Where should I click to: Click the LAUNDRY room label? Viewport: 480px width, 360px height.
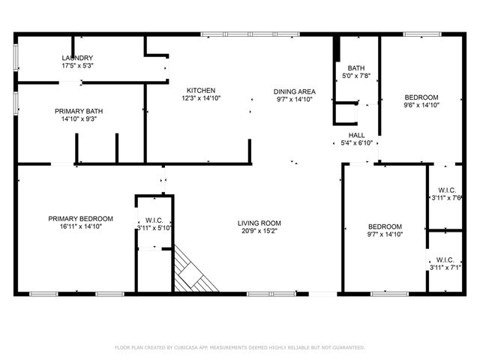pyautogui.click(x=77, y=58)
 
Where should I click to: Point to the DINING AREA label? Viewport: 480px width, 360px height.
pyautogui.click(x=295, y=91)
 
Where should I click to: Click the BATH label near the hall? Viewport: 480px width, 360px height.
pyautogui.click(x=356, y=67)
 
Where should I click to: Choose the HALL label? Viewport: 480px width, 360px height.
pyautogui.click(x=356, y=135)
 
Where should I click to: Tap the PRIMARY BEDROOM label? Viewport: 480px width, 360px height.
pyautogui.click(x=81, y=218)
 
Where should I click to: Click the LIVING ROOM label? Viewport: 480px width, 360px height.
pyautogui.click(x=259, y=223)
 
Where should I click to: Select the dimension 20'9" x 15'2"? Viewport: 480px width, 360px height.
pyautogui.click(x=259, y=231)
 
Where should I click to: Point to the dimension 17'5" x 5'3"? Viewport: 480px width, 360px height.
pyautogui.click(x=77, y=66)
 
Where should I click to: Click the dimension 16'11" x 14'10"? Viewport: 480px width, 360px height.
pyautogui.click(x=81, y=226)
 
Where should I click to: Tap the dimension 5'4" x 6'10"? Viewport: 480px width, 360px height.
pyautogui.click(x=356, y=142)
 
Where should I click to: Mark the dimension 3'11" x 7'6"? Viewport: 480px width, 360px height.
pyautogui.click(x=445, y=198)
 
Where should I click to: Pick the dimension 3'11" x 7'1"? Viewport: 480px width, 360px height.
pyautogui.click(x=445, y=267)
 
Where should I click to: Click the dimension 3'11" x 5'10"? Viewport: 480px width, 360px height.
pyautogui.click(x=154, y=228)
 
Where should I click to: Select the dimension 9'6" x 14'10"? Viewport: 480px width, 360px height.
pyautogui.click(x=421, y=106)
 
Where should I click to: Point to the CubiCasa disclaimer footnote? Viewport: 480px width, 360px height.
pyautogui.click(x=240, y=348)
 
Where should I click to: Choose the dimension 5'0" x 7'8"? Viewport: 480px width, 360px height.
pyautogui.click(x=356, y=75)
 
